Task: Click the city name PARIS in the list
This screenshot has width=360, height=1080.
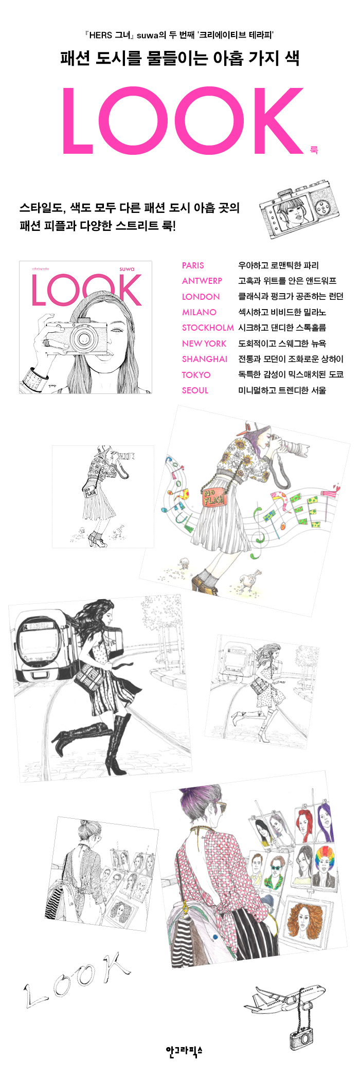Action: pyautogui.click(x=193, y=265)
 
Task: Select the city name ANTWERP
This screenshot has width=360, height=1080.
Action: pyautogui.click(x=202, y=281)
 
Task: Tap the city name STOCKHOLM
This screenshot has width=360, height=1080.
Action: pyautogui.click(x=208, y=328)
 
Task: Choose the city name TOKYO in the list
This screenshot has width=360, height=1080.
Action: pyautogui.click(x=196, y=375)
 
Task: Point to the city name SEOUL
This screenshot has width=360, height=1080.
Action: pyautogui.click(x=195, y=390)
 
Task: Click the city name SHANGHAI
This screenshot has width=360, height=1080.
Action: pyautogui.click(x=205, y=359)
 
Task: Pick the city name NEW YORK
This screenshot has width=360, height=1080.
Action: pyautogui.click(x=204, y=344)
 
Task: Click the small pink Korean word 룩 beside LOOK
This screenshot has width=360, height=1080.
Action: pyautogui.click(x=314, y=150)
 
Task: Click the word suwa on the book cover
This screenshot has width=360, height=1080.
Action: pyautogui.click(x=127, y=269)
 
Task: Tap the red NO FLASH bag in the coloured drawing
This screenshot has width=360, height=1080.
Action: pyautogui.click(x=213, y=497)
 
